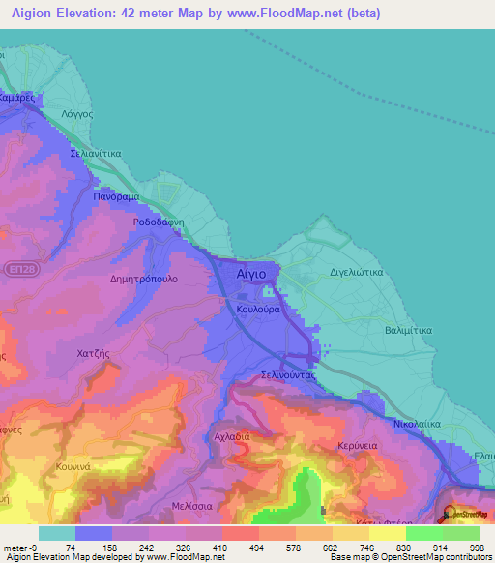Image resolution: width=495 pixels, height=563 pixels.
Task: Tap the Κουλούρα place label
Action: pyautogui.click(x=258, y=309)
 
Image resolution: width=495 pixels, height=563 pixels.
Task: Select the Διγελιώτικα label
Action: pyautogui.click(x=357, y=272)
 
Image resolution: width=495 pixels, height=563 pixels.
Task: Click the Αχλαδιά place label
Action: pyautogui.click(x=232, y=436)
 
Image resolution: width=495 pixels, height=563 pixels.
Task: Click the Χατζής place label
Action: pyautogui.click(x=96, y=354)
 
